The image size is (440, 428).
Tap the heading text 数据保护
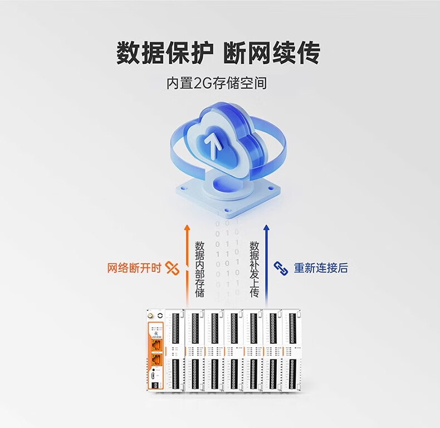(x=164, y=53)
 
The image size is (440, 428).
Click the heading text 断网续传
(x=272, y=53)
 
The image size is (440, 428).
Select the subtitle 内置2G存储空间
(x=217, y=84)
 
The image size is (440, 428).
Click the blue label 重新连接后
(x=321, y=268)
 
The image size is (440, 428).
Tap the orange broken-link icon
(x=173, y=268)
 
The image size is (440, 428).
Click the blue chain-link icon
(x=280, y=268)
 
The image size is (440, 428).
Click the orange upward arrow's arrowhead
(x=187, y=227)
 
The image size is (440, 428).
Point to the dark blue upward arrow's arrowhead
(x=267, y=227)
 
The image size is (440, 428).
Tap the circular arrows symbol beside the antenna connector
(x=160, y=315)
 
